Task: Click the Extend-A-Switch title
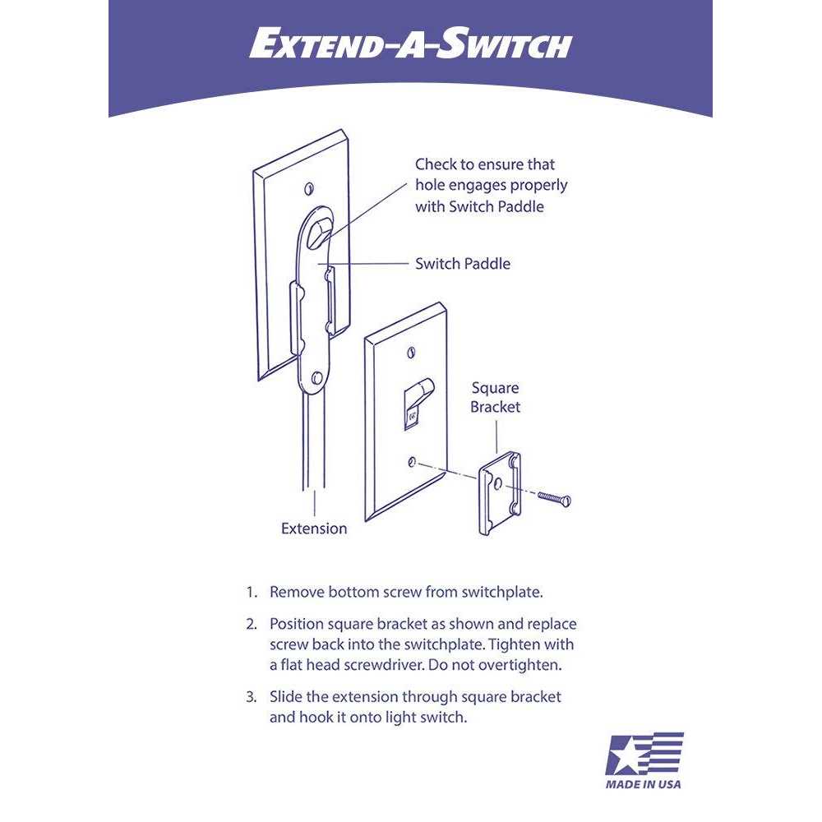tap(410, 45)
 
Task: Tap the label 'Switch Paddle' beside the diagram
tap(462, 264)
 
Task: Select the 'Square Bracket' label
tap(495, 397)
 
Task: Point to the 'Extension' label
tap(314, 529)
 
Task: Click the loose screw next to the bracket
tap(554, 496)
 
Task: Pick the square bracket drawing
tap(499, 492)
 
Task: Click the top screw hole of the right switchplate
tap(412, 353)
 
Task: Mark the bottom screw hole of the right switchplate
tap(413, 462)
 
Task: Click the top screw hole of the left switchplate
tap(310, 186)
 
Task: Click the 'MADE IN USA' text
tap(644, 784)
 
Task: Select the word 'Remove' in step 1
tap(297, 592)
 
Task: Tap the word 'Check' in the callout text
tap(436, 164)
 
